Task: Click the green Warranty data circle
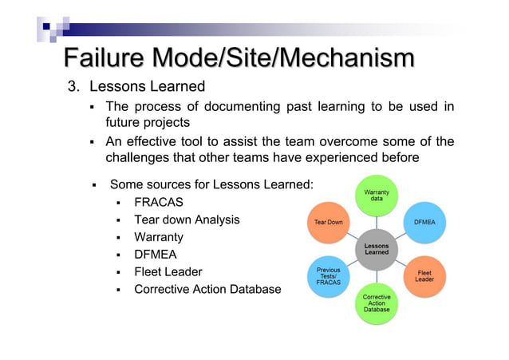(x=377, y=195)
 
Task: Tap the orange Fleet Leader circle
(x=424, y=276)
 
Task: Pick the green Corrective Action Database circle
(x=377, y=303)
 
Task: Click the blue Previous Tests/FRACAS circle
(x=329, y=276)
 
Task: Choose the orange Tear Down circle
(x=329, y=222)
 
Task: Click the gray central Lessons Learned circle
(x=377, y=249)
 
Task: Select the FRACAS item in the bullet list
(x=159, y=202)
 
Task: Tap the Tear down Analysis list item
(x=187, y=220)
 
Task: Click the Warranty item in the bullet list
(x=158, y=237)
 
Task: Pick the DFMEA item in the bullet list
(x=155, y=255)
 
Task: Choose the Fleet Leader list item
(x=168, y=271)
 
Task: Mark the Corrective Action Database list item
(x=207, y=289)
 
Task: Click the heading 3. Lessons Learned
(x=136, y=86)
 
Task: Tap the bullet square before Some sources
(x=93, y=185)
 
